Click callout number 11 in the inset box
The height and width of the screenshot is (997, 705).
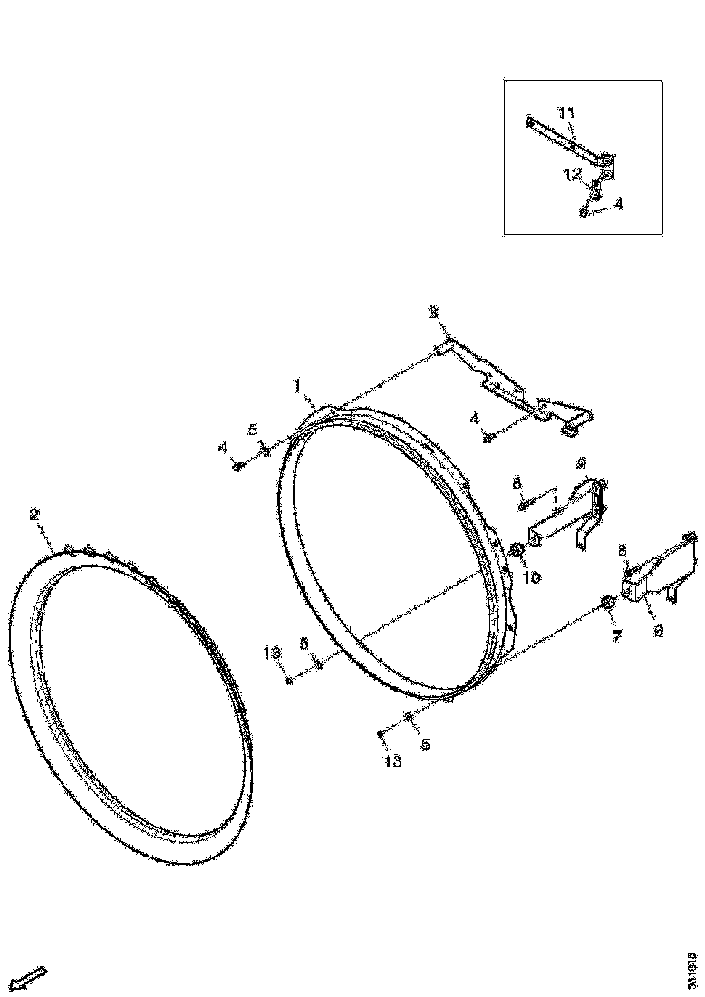[x=566, y=113]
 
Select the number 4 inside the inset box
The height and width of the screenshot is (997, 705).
[x=618, y=205]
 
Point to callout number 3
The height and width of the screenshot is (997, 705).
[x=433, y=313]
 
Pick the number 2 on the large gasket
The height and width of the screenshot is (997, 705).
[x=34, y=514]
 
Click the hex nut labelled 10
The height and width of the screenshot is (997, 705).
[x=517, y=550]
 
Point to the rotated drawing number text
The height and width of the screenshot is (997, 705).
[x=691, y=961]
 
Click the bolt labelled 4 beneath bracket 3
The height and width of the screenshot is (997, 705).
[x=488, y=439]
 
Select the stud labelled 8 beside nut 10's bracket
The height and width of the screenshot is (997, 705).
[x=523, y=500]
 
